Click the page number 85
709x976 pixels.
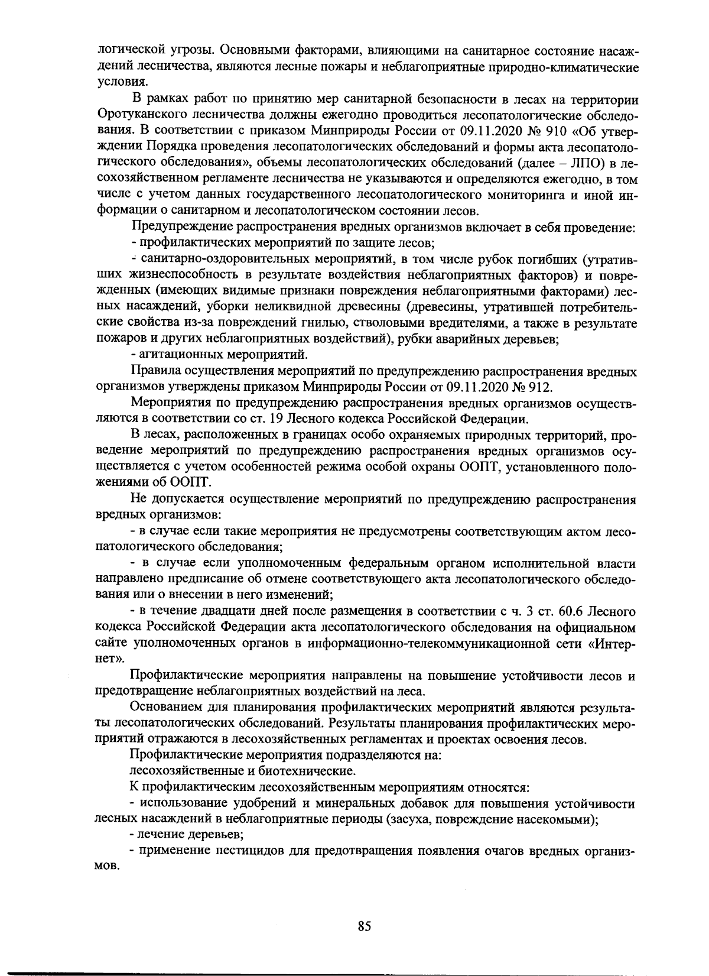364,926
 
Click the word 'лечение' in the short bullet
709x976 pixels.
158,835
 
